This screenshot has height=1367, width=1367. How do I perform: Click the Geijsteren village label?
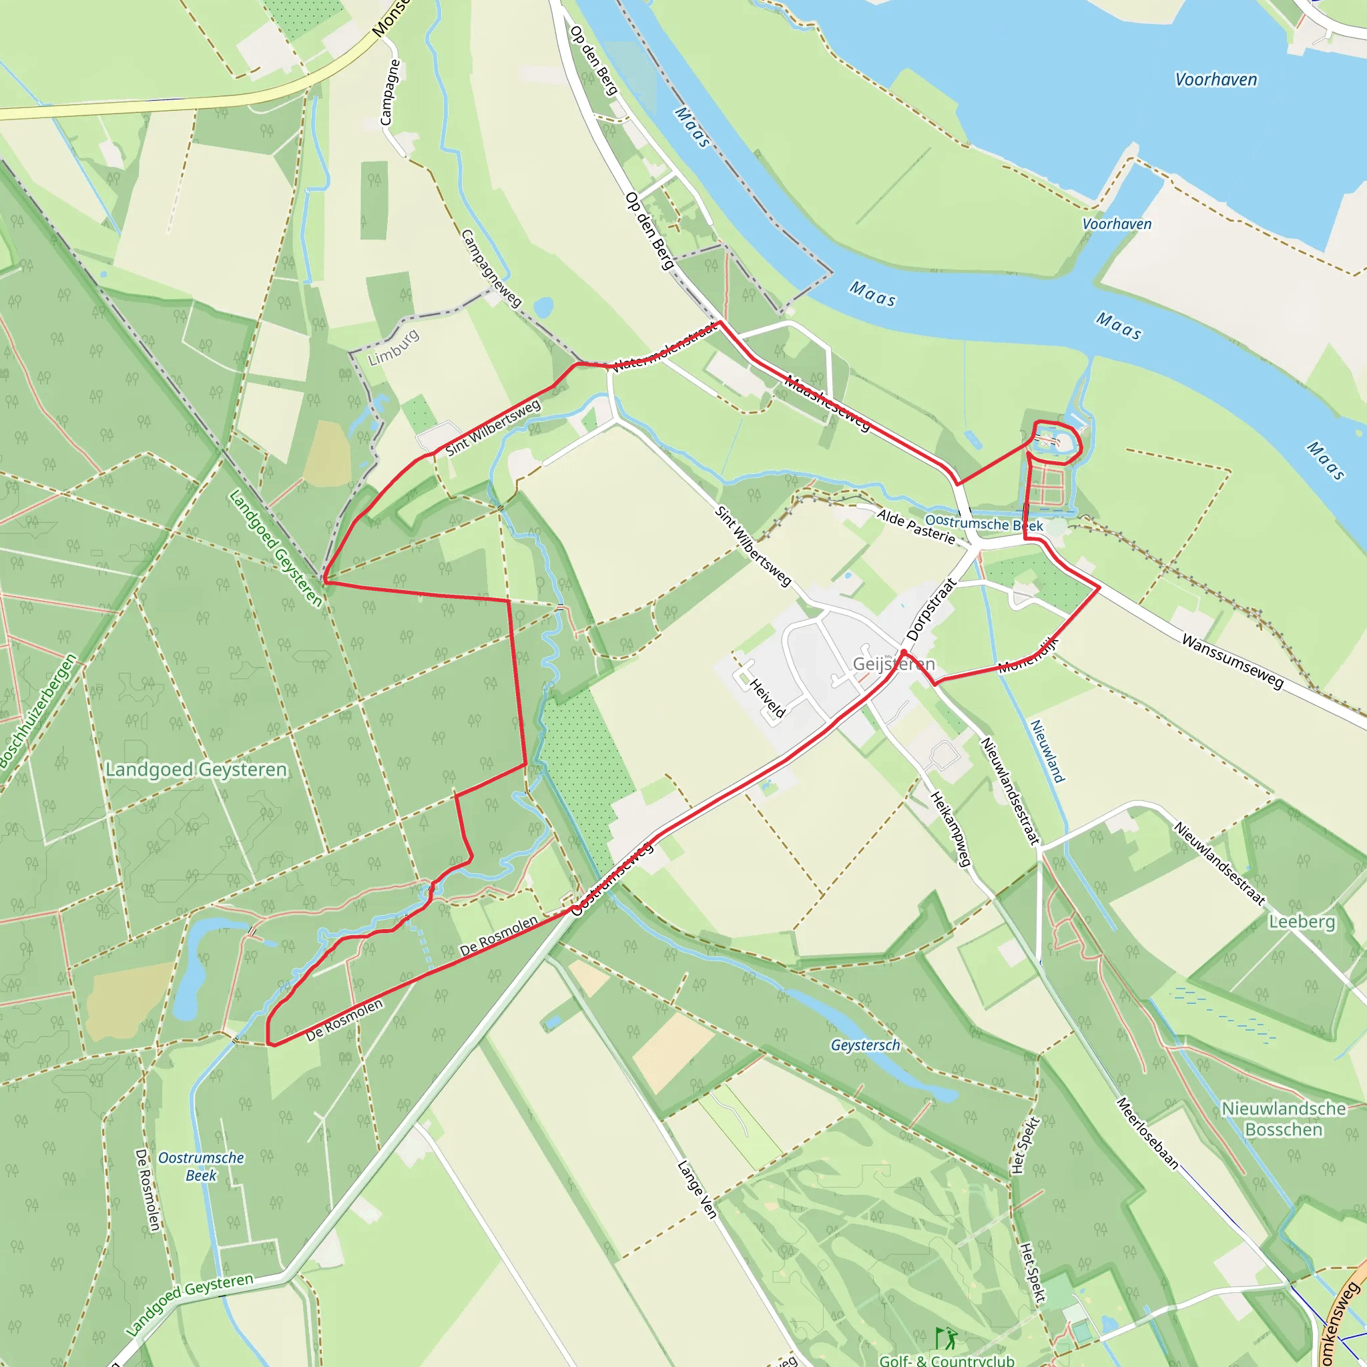894,663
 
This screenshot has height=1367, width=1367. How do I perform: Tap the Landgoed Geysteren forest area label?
196,769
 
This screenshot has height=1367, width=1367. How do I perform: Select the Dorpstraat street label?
930,609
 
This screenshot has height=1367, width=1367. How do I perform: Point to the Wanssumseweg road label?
1232,661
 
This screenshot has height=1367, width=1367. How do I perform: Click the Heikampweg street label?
950,828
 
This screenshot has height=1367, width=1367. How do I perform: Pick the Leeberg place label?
1301,921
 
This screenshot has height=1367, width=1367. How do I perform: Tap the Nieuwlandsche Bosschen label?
1284,1119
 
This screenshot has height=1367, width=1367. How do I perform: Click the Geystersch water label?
864,1045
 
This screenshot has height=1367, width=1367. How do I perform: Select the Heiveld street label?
767,698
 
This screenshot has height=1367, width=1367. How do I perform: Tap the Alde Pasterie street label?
916,527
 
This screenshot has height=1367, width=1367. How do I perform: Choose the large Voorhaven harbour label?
1215,79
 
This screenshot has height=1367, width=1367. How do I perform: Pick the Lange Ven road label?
697,1189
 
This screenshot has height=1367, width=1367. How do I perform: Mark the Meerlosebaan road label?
1147,1133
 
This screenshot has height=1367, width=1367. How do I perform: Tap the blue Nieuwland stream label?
1047,751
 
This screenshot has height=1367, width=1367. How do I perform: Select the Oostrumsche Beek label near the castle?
983,523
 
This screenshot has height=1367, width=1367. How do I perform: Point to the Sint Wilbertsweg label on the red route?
493,427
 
